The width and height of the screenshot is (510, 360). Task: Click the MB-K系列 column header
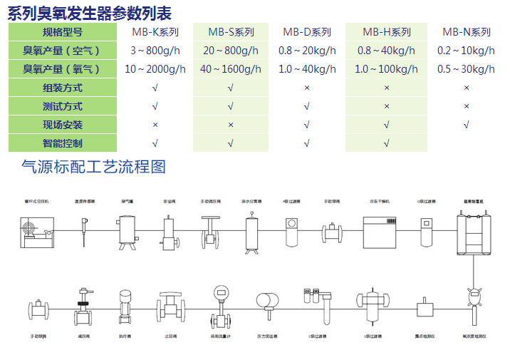(x=155, y=32)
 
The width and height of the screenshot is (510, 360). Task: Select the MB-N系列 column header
(x=467, y=32)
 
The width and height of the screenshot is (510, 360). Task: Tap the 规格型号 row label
(x=63, y=32)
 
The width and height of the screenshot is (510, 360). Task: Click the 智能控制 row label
(x=63, y=143)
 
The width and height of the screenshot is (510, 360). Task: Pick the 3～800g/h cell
(x=155, y=51)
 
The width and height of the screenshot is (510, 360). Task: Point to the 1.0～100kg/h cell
(x=387, y=69)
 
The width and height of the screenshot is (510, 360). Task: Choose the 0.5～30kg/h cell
(x=467, y=69)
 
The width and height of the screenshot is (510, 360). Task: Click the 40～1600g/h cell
(x=231, y=69)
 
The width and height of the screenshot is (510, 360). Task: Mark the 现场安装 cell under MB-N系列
(x=467, y=125)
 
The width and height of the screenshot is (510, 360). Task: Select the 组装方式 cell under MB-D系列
(x=307, y=88)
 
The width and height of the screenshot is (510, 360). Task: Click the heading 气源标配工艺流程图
(x=94, y=167)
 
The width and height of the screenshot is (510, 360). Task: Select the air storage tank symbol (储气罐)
(x=128, y=232)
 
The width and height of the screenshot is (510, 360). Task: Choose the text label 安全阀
(x=170, y=202)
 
